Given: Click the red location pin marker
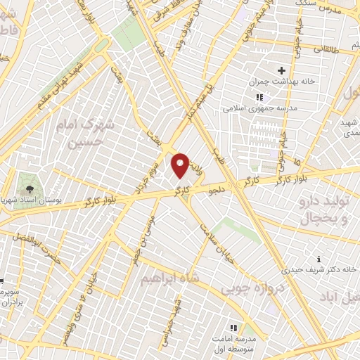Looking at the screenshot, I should pyautogui.click(x=181, y=165).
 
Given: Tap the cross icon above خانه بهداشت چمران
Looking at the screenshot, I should pyautogui.click(x=282, y=70).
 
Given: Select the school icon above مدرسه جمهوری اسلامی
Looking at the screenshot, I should pyautogui.click(x=259, y=97).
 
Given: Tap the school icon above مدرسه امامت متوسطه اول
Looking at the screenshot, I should pyautogui.click(x=235, y=327).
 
